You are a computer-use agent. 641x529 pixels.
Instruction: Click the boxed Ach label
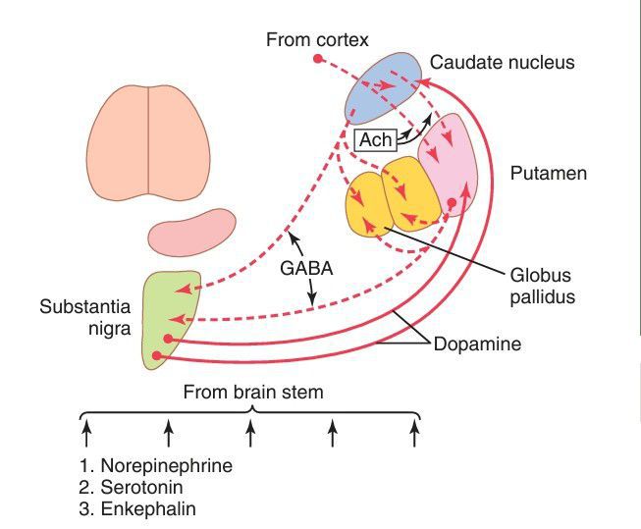376,140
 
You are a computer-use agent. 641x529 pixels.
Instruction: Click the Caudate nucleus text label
503,63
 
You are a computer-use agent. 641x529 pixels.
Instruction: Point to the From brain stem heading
253,393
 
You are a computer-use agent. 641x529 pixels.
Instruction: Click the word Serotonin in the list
148,487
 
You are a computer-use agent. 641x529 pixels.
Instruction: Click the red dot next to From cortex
317,60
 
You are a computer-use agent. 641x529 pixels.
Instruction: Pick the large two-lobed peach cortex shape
149,143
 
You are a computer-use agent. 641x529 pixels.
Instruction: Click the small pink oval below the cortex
192,230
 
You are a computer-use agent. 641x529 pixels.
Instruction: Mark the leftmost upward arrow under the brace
86,432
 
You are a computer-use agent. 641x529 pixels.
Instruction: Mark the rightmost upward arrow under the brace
415,432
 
